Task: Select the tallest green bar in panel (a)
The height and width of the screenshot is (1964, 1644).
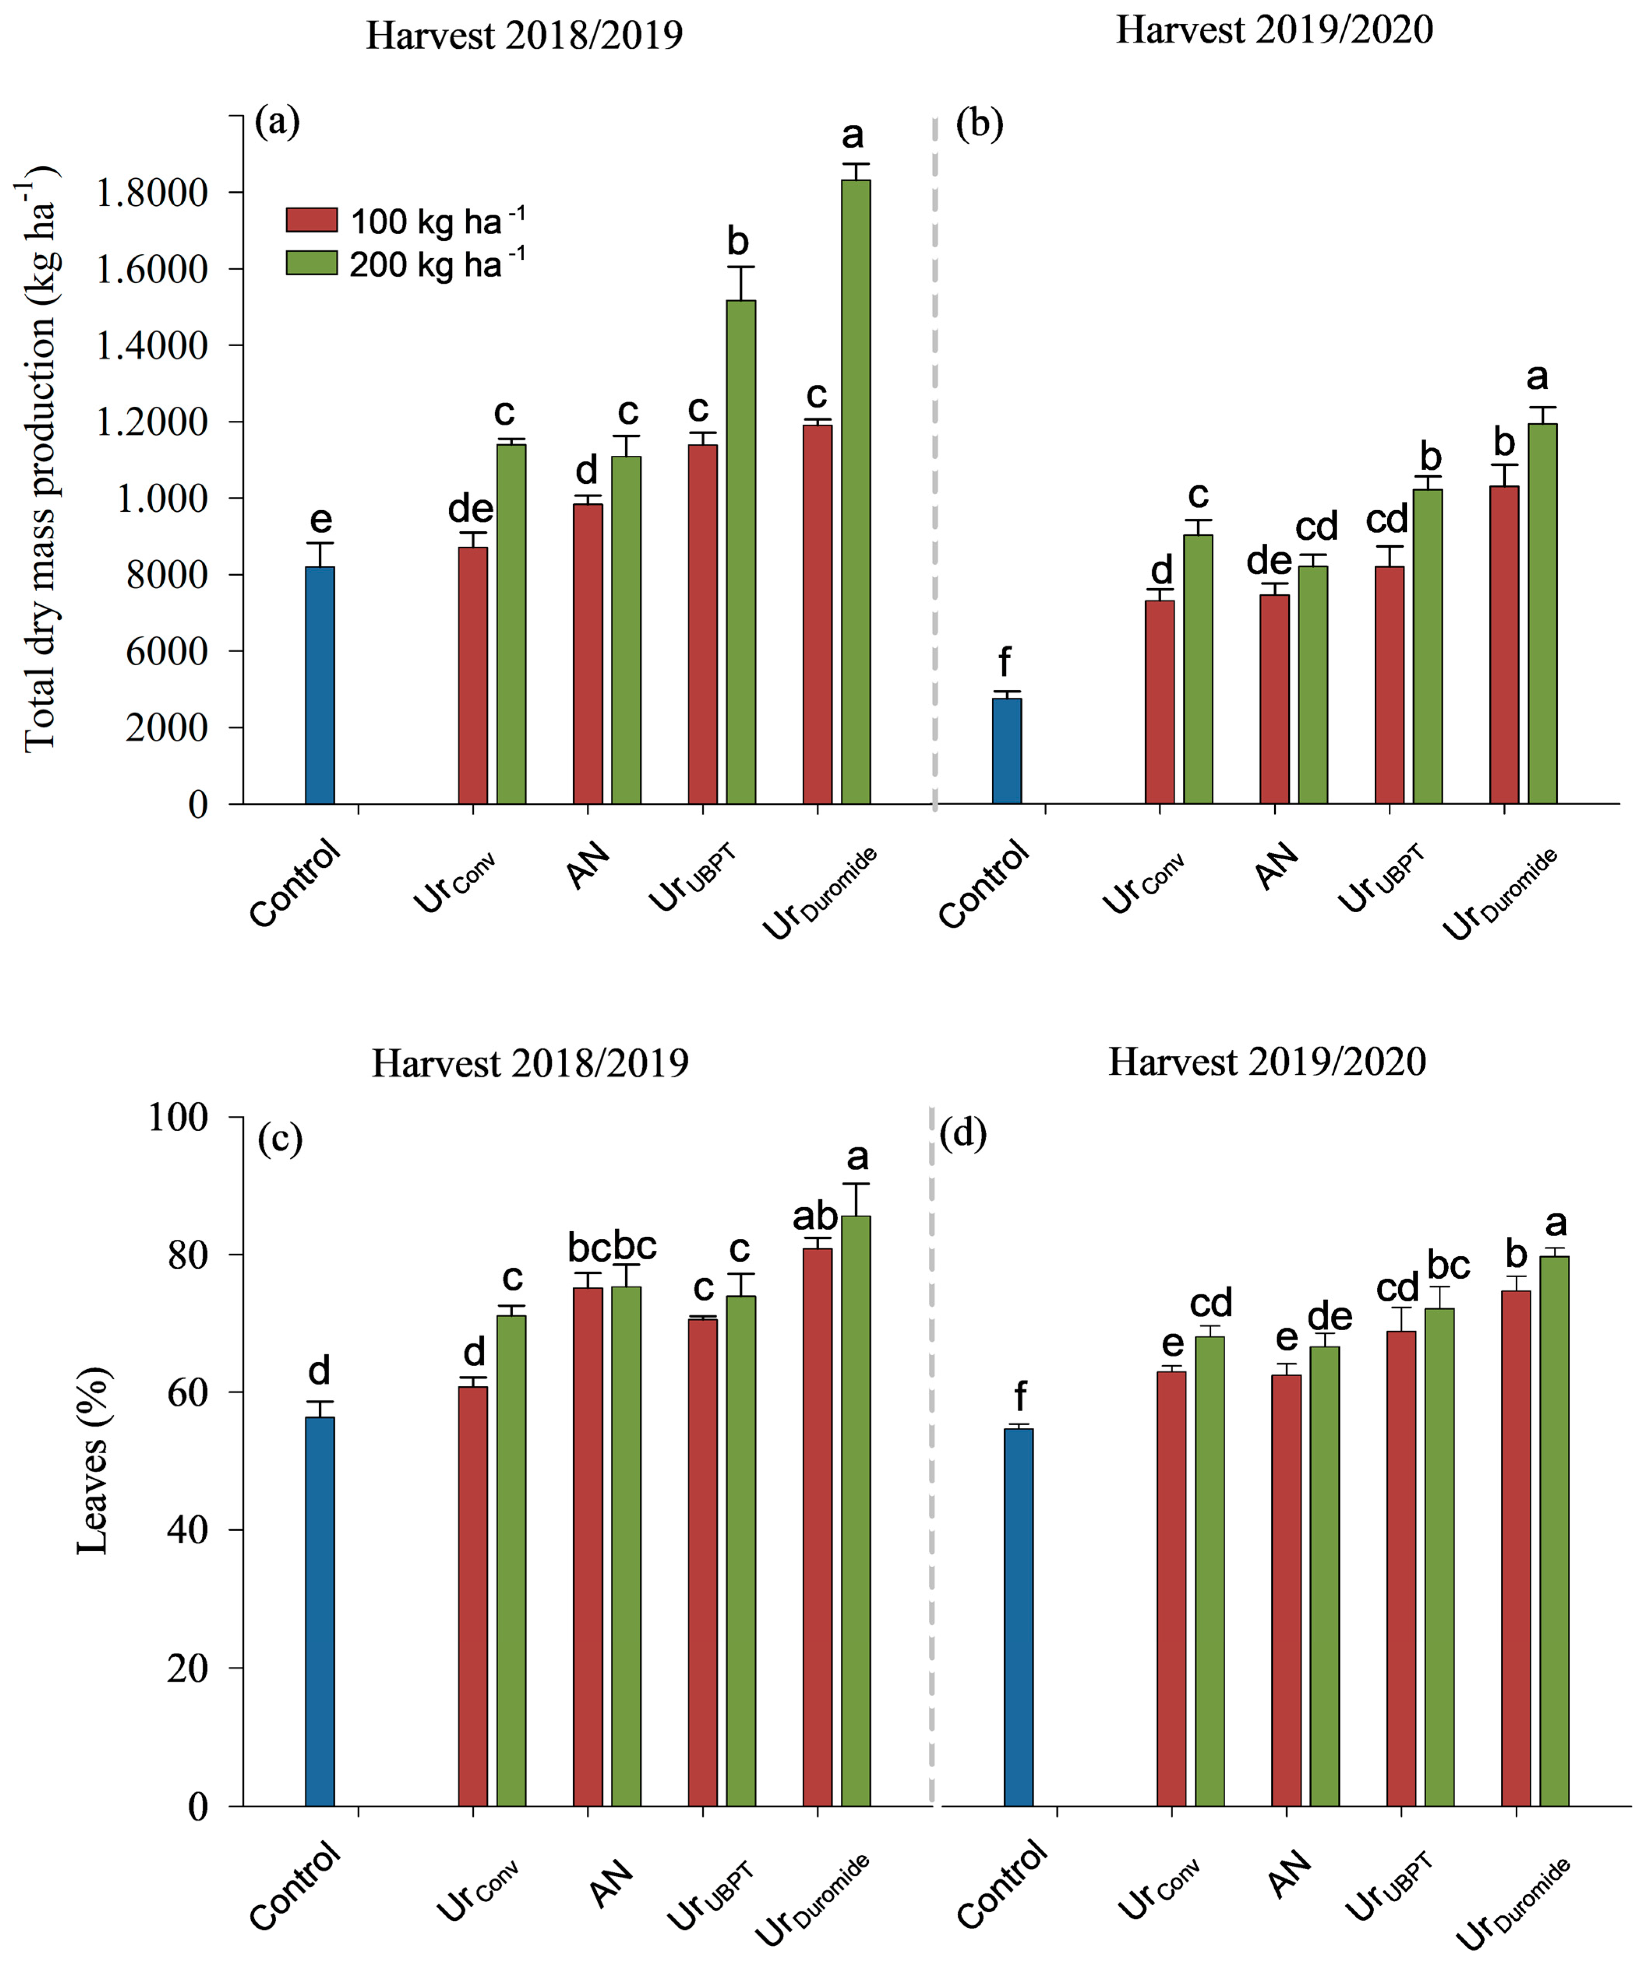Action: [x=856, y=491]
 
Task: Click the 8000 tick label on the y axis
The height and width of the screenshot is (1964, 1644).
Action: [x=166, y=575]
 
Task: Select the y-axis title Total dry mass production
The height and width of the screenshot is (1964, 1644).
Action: [x=39, y=458]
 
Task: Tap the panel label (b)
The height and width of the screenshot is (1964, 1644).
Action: [x=979, y=124]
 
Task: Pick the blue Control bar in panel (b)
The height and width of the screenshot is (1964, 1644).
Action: [x=1007, y=751]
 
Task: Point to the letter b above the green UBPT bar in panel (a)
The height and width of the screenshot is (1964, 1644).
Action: [x=738, y=241]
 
